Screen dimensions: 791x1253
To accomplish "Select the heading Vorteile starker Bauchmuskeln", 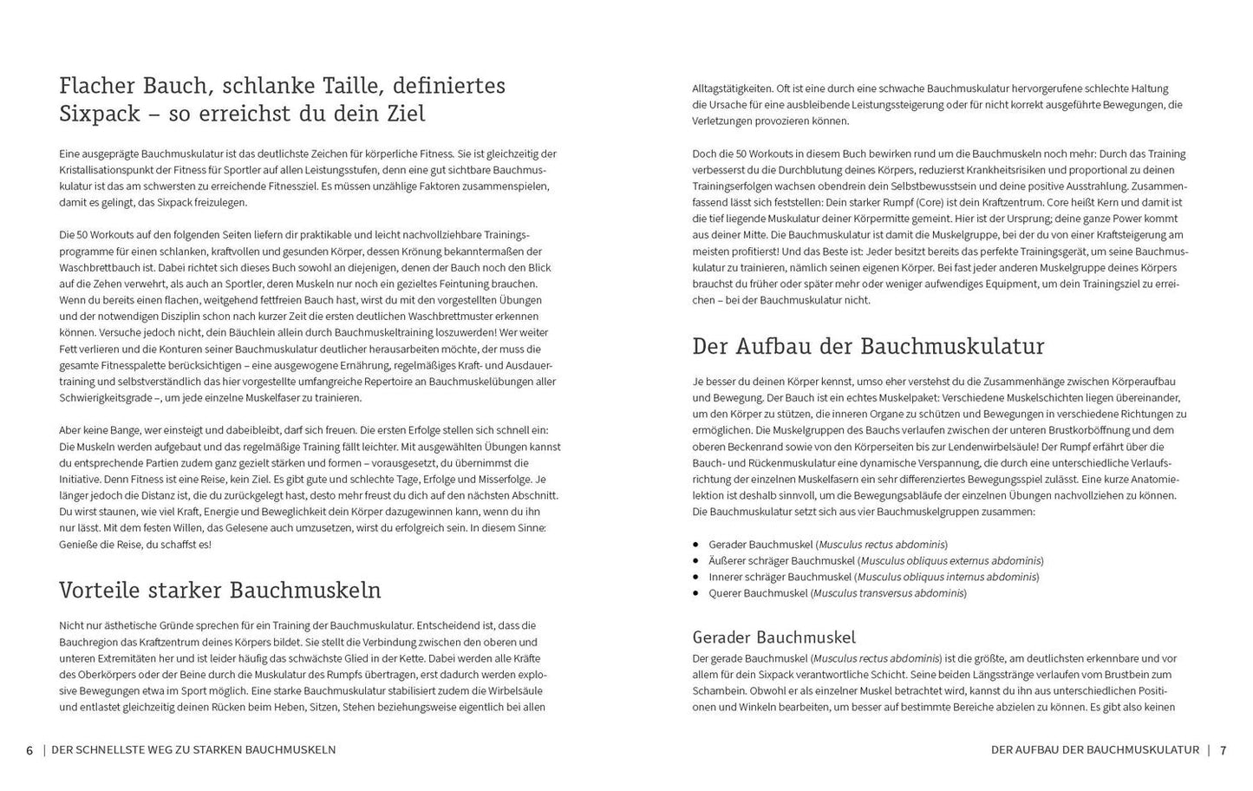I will click(220, 591).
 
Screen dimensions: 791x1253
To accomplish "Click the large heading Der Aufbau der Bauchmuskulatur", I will click(868, 346).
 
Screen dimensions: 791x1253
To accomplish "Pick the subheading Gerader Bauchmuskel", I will click(773, 637).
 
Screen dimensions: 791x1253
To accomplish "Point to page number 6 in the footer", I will click(29, 750).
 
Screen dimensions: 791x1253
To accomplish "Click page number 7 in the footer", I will click(1224, 750).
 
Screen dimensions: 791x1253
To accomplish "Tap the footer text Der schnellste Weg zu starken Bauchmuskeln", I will click(193, 750).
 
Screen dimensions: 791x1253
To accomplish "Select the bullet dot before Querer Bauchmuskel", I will click(696, 593).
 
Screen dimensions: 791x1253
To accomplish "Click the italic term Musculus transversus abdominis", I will click(889, 593).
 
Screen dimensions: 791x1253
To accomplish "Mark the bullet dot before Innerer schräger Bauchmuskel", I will click(696, 577).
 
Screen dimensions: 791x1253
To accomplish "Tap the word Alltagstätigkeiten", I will click(734, 88).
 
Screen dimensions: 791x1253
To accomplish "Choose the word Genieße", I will click(79, 545).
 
